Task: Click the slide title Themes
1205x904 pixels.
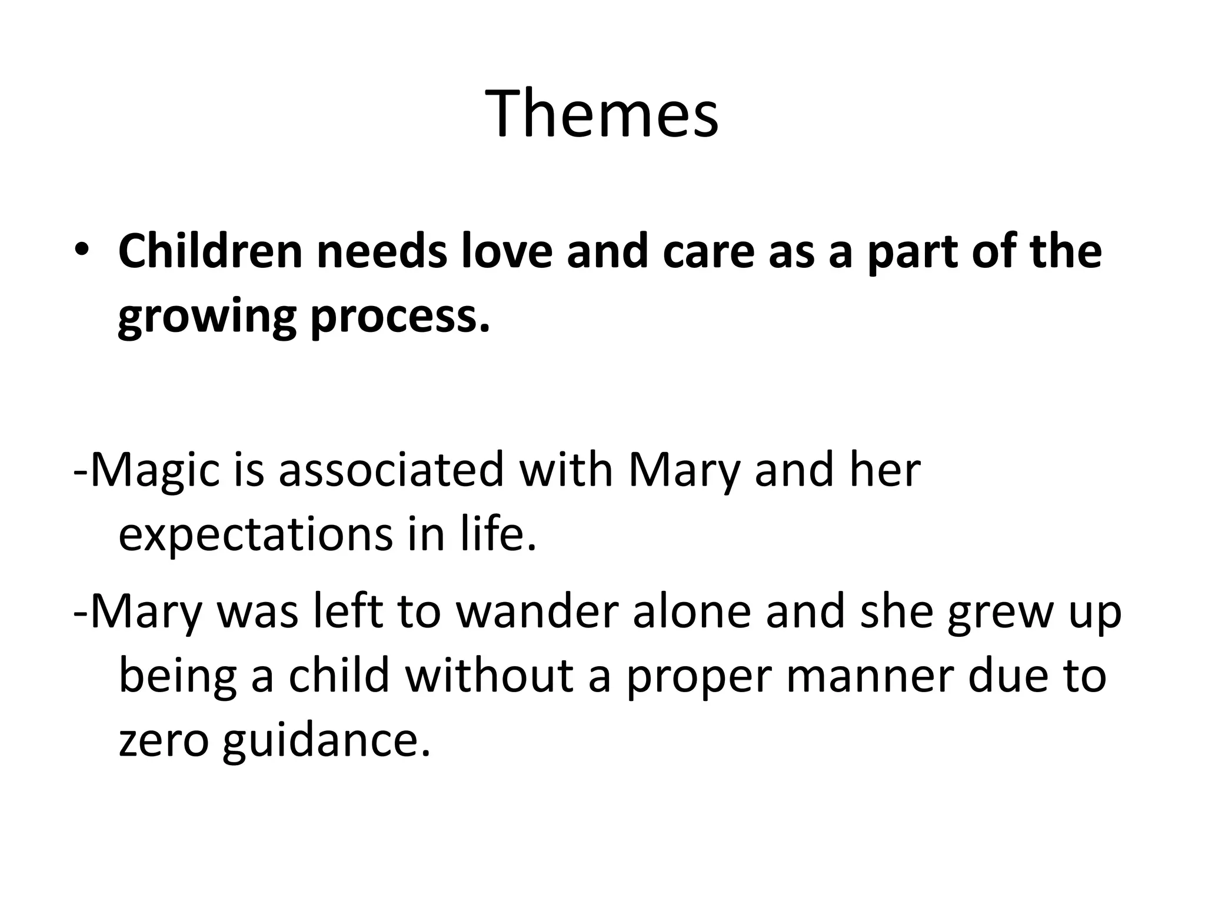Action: pos(601,114)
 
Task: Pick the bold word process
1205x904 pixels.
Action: pos(400,318)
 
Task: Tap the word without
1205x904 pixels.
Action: pos(489,676)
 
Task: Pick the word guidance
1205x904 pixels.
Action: pos(326,741)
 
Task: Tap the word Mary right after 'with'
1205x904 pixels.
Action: pos(684,471)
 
